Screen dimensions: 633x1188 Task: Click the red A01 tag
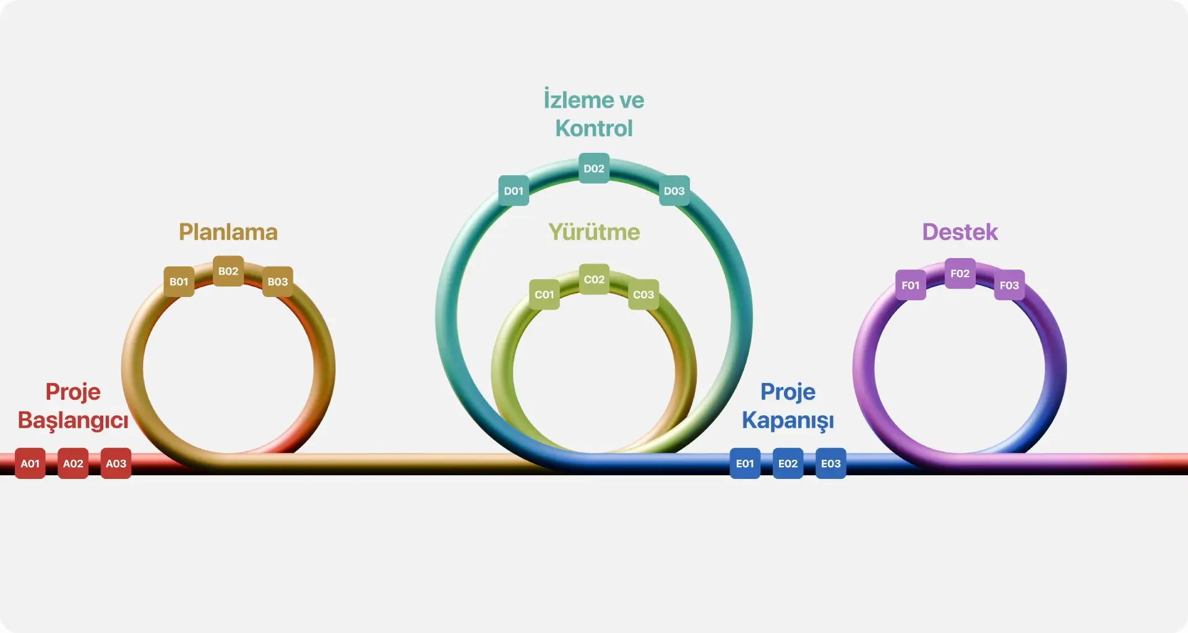tap(30, 463)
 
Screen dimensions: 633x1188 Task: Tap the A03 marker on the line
tap(116, 463)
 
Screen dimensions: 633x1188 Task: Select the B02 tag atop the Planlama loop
tap(228, 271)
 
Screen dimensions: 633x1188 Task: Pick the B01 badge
tap(179, 282)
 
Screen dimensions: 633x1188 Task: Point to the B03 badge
tap(278, 282)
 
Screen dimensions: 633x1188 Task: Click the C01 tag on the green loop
tap(544, 295)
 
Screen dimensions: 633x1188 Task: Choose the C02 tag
tap(594, 280)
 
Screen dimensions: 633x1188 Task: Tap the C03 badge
tap(643, 295)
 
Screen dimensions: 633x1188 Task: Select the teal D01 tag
tap(514, 191)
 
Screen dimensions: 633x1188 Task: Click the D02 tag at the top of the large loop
tap(594, 168)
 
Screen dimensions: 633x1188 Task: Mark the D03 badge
tap(674, 191)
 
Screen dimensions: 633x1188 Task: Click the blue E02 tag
tap(788, 463)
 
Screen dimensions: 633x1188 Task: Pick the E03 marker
tap(831, 463)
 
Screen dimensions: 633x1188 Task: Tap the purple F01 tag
tap(911, 285)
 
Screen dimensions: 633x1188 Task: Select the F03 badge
tap(1009, 285)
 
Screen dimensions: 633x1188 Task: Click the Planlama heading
tap(228, 232)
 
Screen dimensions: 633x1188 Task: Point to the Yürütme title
tap(594, 232)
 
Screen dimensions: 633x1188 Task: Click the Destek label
tap(960, 232)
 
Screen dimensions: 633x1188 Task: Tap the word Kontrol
tap(594, 128)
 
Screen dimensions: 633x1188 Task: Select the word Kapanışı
tap(788, 421)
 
